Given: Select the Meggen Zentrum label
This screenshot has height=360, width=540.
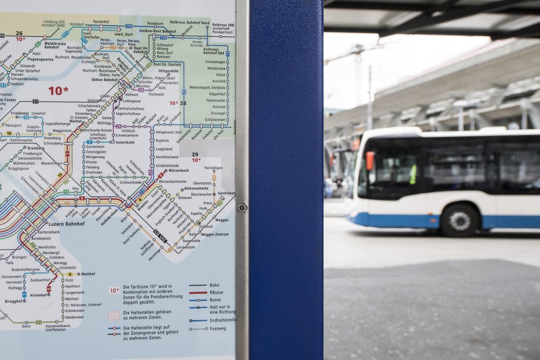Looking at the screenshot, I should (215, 234).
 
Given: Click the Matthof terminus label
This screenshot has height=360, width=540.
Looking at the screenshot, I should (88, 274).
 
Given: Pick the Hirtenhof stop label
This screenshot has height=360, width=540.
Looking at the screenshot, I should (39, 295).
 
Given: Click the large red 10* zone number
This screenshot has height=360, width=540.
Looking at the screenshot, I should (59, 91).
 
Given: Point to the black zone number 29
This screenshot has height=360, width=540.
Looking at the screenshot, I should (195, 154).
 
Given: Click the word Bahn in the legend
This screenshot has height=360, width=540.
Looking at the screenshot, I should (214, 285).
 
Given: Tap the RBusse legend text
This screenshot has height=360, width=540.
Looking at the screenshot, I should (216, 292).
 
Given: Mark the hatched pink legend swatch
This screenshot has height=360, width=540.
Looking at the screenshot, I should (114, 315).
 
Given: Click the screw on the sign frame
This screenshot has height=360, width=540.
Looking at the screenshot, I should (242, 208).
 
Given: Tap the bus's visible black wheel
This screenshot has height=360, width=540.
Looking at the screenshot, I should (459, 220).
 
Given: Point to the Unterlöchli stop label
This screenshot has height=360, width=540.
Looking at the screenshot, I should (126, 142).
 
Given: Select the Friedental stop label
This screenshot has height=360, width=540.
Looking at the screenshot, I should (20, 113).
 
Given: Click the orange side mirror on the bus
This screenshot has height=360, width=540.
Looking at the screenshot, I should (370, 161).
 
